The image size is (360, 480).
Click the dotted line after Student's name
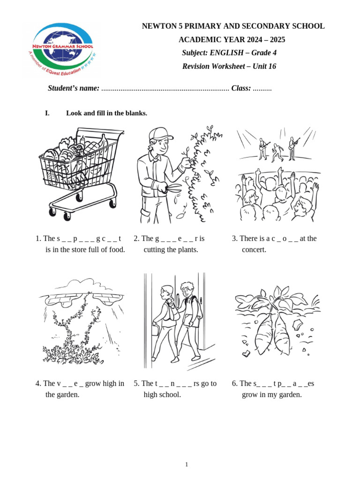[x=165, y=89]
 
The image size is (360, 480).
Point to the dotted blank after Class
[x=262, y=89]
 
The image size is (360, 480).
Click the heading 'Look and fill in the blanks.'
[x=106, y=113]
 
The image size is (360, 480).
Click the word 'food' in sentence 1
[x=117, y=249]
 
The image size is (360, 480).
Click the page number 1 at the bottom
[x=186, y=464]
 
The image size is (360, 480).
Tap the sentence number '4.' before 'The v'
[x=38, y=383]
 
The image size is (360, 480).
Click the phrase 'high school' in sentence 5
[x=162, y=395]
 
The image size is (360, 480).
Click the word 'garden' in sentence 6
[x=288, y=395]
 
